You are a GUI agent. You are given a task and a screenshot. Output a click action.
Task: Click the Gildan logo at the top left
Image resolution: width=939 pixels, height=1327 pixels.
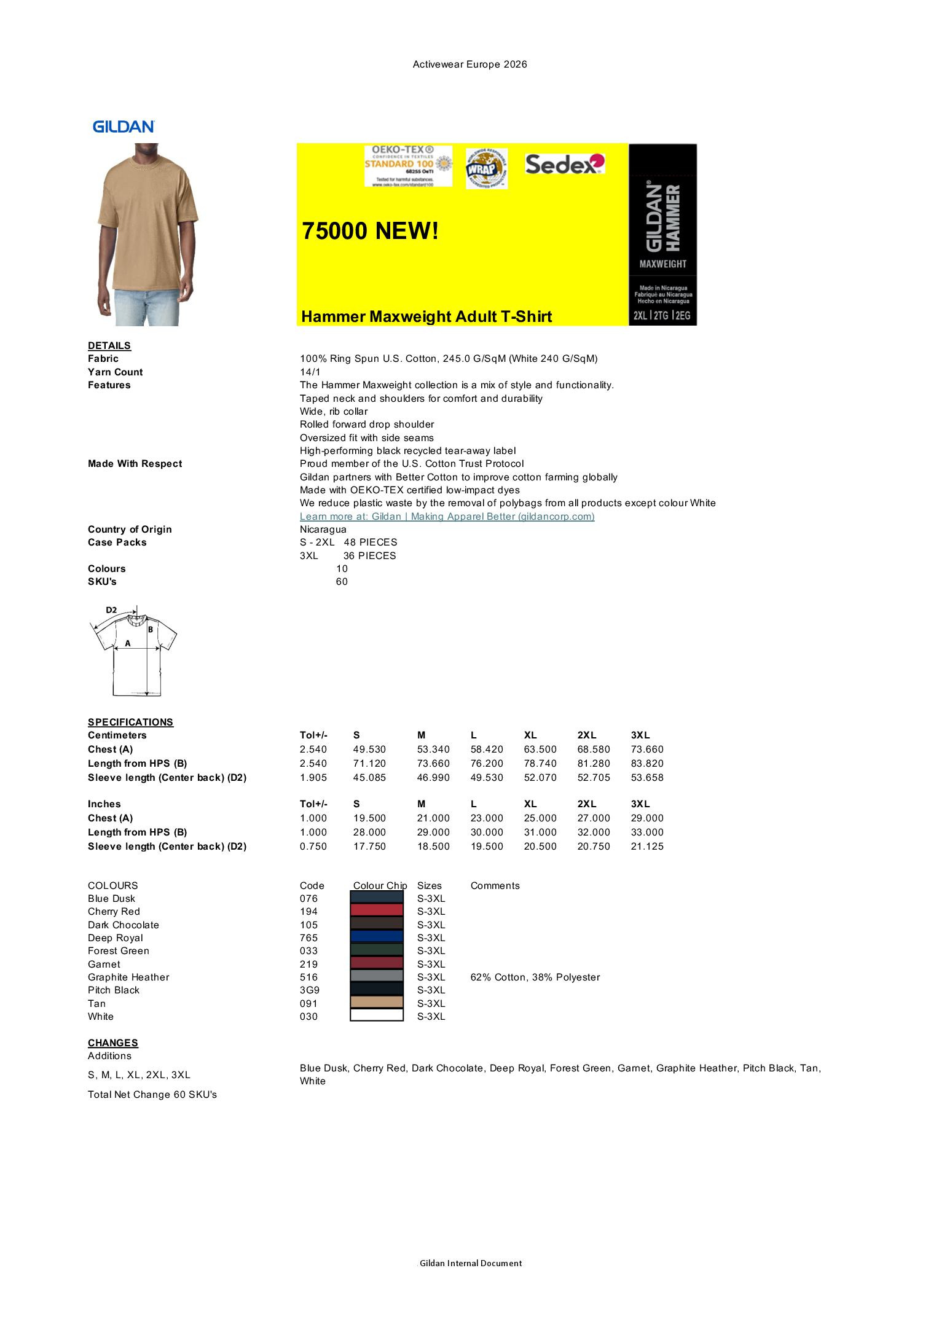click(x=124, y=127)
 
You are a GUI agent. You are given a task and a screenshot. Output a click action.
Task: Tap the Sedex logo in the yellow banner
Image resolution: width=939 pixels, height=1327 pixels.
click(x=565, y=163)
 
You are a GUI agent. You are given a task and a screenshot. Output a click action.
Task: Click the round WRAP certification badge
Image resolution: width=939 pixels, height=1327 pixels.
click(x=486, y=168)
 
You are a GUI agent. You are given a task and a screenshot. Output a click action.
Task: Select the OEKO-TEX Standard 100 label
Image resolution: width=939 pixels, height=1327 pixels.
click(x=408, y=166)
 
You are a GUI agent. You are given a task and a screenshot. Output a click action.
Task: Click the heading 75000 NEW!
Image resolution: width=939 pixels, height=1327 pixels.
click(x=371, y=231)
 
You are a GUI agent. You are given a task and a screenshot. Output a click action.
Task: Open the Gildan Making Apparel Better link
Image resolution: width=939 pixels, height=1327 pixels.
click(x=447, y=516)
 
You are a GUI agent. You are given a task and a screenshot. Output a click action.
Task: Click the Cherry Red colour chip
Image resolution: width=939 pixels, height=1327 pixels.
click(x=377, y=911)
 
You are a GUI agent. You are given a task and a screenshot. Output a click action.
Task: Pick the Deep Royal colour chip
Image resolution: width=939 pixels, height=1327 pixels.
click(x=377, y=938)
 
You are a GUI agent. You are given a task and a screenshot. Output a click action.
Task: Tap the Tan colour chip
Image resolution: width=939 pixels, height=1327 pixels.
click(x=377, y=1003)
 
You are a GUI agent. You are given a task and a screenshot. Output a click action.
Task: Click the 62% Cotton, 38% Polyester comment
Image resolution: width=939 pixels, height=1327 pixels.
click(x=535, y=977)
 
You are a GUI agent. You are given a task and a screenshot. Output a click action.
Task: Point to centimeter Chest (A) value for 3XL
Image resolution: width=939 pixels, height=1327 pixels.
click(x=647, y=750)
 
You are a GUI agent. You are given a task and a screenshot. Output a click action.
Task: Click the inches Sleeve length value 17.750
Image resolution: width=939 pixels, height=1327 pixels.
click(x=369, y=847)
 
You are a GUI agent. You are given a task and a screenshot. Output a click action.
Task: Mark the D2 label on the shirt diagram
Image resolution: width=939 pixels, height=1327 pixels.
click(x=111, y=610)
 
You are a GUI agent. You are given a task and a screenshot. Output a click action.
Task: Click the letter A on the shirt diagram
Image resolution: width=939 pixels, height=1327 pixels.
click(x=128, y=643)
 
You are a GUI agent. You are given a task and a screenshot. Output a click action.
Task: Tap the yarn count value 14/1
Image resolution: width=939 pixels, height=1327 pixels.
click(x=310, y=372)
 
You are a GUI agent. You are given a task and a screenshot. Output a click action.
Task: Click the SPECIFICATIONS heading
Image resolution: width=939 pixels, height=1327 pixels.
click(x=130, y=722)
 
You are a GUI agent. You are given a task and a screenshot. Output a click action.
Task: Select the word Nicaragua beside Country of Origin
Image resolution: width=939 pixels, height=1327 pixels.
click(x=323, y=530)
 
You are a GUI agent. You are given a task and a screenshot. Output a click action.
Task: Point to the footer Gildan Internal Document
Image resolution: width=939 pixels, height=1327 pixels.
click(x=471, y=1263)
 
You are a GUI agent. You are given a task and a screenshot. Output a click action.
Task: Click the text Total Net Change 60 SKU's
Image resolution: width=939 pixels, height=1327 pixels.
click(x=152, y=1095)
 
